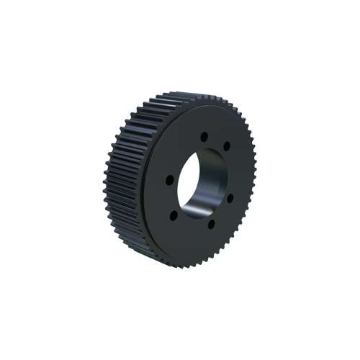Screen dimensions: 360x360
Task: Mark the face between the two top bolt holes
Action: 217,138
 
